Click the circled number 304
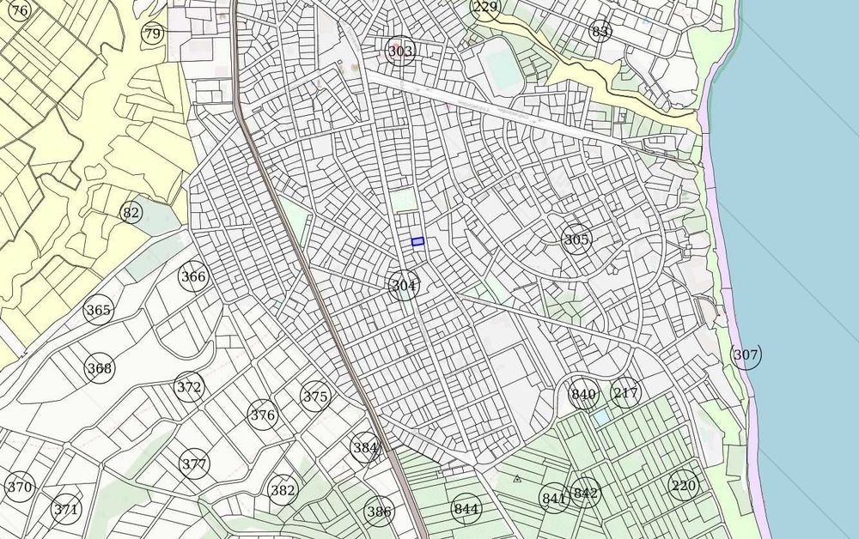coord(404,285)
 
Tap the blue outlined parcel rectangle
coord(417,242)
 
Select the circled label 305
coord(576,239)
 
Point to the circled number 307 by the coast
coord(746,354)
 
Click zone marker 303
coord(399,51)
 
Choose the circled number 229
coord(485,8)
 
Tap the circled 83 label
coord(600,32)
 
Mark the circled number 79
coord(152,34)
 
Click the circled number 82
coord(131,213)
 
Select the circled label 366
coord(193,276)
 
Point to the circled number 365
coord(99,310)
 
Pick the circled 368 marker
coord(100,369)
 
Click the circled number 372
coord(189,387)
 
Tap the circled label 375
coord(315,397)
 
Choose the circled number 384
coord(365,447)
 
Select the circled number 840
coord(583,395)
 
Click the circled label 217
coord(625,393)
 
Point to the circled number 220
coord(684,486)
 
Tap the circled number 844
coord(466,509)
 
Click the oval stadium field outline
coord(503,66)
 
